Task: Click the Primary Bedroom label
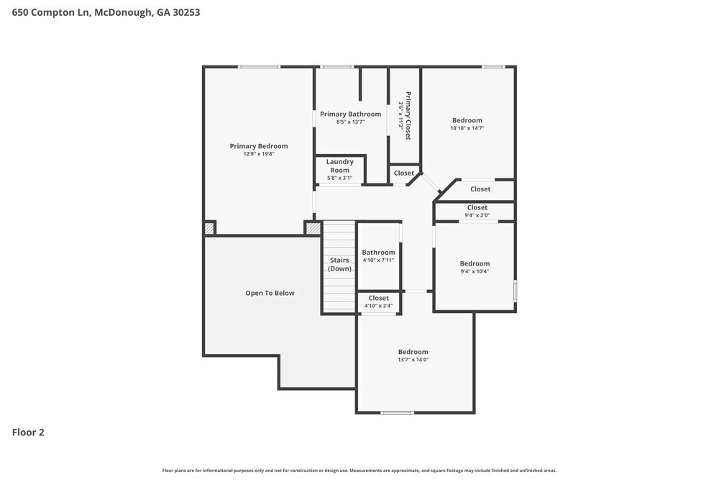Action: point(259,146)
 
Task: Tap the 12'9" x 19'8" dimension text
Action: point(259,154)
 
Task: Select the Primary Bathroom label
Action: point(351,114)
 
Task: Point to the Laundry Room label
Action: point(340,166)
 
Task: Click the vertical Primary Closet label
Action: point(408,115)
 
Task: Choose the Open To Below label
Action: point(270,293)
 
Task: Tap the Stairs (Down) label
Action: point(340,264)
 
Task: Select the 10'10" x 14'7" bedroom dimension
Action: point(467,128)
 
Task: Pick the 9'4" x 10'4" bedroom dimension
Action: point(475,271)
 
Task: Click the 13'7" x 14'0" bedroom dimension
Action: point(413,360)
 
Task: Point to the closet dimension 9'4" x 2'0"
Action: point(477,215)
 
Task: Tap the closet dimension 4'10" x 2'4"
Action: point(378,306)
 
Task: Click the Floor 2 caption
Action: point(28,433)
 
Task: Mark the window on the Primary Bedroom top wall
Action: point(259,67)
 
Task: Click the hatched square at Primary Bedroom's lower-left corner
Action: point(209,228)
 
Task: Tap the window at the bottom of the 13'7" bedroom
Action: point(397,412)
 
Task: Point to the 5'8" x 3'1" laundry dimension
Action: point(340,178)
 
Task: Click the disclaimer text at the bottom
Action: point(359,471)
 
